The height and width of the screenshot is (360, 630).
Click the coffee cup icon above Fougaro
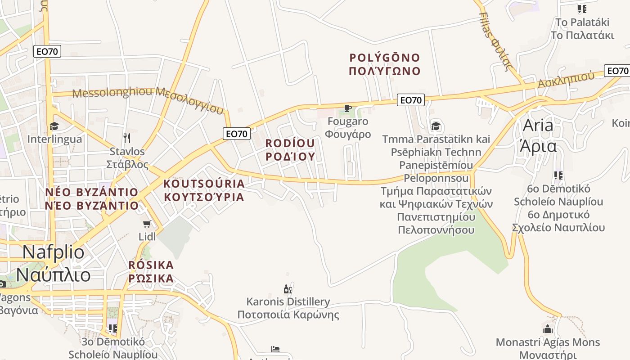click(347, 108)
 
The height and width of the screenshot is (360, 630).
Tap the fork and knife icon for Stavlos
click(127, 138)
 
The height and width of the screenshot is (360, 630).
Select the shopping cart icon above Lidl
click(147, 224)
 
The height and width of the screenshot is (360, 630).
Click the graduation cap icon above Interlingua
click(54, 126)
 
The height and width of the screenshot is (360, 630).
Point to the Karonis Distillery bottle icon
click(288, 288)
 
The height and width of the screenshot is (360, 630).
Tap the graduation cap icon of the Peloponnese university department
click(436, 126)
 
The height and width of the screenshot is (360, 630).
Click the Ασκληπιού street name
click(566, 80)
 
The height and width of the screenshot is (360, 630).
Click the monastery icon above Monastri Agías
click(548, 329)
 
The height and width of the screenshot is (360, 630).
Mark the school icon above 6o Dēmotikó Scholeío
click(558, 175)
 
